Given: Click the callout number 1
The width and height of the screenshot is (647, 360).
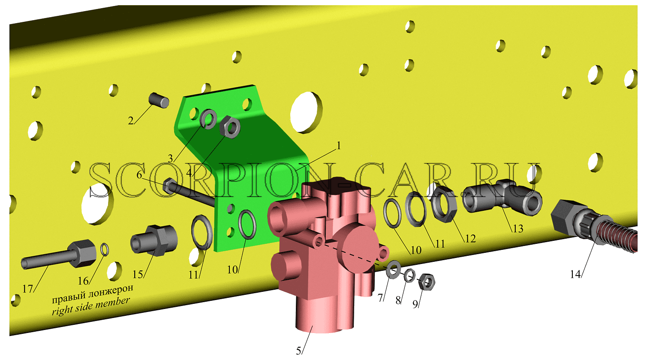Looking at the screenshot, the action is (x=339, y=146).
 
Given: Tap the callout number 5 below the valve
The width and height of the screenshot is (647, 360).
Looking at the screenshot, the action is (x=298, y=351).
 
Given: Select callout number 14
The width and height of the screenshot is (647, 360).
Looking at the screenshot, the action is (x=575, y=274).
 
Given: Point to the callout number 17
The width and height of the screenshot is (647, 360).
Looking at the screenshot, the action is (x=28, y=289).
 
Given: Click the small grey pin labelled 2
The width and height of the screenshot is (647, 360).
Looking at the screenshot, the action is (x=159, y=100).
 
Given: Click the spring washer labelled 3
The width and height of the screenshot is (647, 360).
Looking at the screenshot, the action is (x=208, y=119).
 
